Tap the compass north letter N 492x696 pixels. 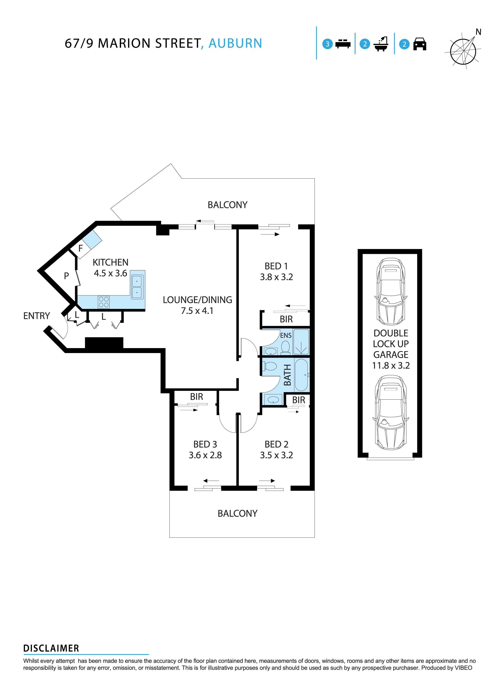tap(478, 32)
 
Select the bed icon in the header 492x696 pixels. tap(343, 44)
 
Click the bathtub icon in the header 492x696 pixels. tap(381, 44)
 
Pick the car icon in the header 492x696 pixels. tap(420, 44)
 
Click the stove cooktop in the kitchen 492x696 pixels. tap(104, 302)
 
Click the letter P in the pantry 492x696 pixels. tap(66, 276)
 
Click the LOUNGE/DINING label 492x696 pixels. tap(197, 300)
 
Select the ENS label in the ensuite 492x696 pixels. tap(286, 335)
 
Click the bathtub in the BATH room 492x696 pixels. tap(302, 375)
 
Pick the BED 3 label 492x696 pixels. tap(205, 444)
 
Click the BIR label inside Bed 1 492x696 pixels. tap(286, 319)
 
